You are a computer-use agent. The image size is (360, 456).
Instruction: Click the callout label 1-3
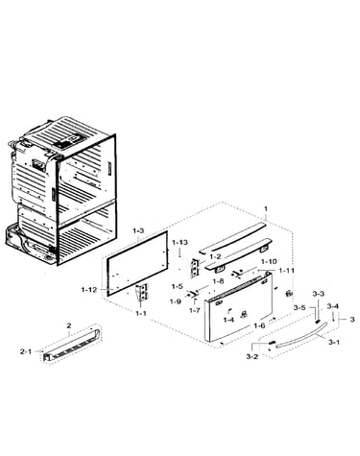138,230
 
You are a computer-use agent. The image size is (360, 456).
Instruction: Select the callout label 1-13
180,243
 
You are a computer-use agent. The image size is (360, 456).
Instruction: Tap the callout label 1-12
89,290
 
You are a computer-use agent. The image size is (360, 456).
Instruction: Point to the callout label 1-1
140,313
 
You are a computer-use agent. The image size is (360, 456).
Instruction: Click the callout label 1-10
269,261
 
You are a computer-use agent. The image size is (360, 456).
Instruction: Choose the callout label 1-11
287,271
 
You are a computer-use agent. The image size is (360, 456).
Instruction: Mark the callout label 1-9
176,301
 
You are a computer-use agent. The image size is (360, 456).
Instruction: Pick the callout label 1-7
195,310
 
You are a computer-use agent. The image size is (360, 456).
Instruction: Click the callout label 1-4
228,320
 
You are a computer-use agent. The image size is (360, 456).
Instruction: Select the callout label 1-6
259,325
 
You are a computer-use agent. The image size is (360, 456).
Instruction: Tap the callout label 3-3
318,294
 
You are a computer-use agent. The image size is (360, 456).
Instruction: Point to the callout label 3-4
333,306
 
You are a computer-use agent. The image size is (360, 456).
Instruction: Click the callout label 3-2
252,356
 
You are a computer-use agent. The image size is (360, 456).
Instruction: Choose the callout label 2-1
26,351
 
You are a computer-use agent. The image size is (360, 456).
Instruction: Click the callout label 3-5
300,307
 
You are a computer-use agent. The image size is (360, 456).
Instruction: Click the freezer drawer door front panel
238,307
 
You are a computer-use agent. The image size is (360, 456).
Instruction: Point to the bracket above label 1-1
142,292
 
